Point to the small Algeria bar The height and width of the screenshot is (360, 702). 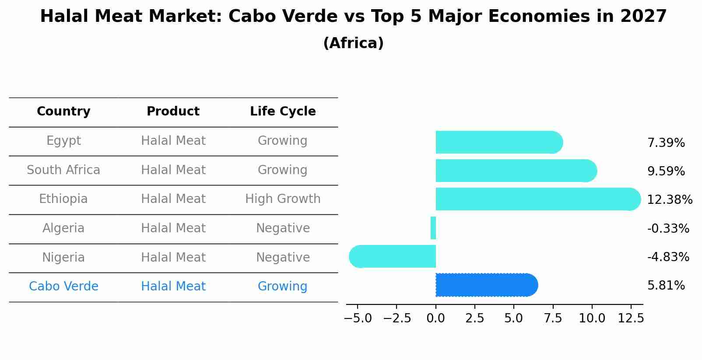433,228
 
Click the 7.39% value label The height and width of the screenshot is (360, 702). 666,143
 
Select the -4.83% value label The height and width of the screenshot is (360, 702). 668,257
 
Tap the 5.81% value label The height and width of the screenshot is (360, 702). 666,286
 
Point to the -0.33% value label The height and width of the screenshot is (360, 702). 668,228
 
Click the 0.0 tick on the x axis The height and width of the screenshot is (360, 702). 436,318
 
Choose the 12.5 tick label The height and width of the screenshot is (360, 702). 631,318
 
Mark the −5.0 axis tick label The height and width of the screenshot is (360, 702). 358,318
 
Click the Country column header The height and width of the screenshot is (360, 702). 63,112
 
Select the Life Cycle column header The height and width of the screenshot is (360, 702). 283,112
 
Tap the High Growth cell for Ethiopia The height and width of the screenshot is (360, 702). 283,199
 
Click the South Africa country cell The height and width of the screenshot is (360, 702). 63,170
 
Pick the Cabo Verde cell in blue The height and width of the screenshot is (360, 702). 63,287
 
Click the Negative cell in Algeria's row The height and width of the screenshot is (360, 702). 283,228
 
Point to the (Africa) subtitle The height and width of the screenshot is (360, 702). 353,43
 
